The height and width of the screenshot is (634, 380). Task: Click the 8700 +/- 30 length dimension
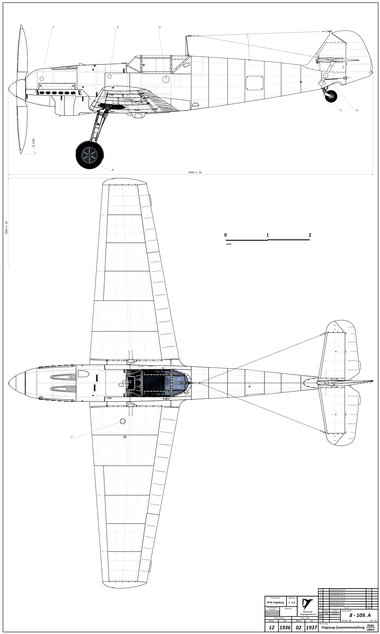click(195, 173)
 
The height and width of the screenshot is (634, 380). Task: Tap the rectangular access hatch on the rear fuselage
click(255, 83)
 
